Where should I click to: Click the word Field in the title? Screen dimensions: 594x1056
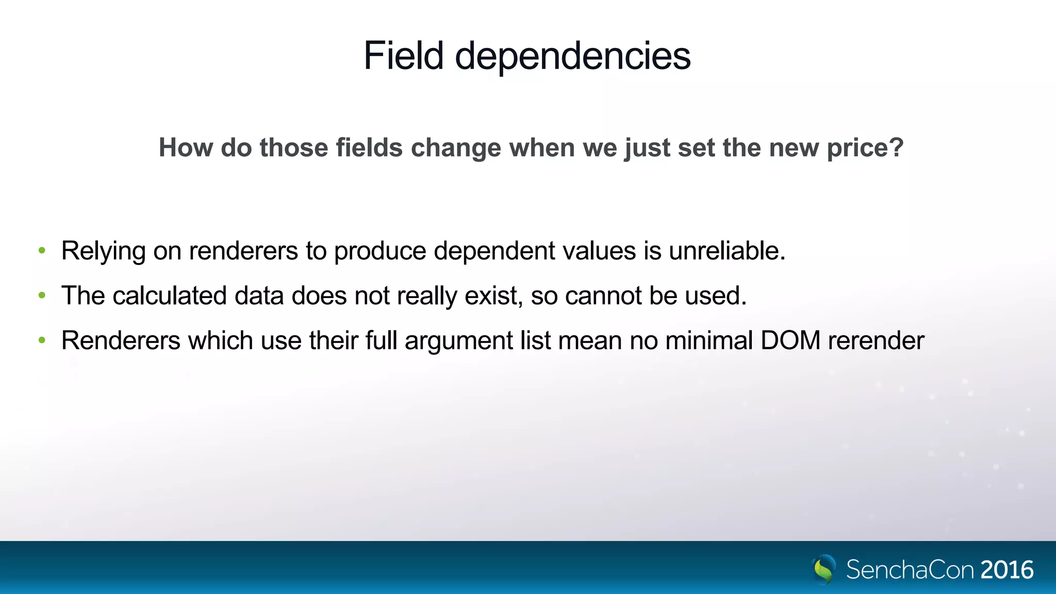coord(403,56)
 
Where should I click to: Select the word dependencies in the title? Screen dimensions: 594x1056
coord(572,57)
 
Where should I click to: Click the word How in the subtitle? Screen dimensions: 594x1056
coord(186,147)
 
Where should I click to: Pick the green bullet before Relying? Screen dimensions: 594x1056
coord(42,251)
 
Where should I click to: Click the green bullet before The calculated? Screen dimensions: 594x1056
coord(42,296)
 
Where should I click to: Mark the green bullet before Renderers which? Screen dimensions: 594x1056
coord(42,340)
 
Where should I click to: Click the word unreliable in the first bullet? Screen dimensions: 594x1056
coord(726,251)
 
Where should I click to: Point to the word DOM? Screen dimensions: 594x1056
coord(790,341)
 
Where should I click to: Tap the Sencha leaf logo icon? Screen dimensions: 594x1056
coord(824,569)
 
